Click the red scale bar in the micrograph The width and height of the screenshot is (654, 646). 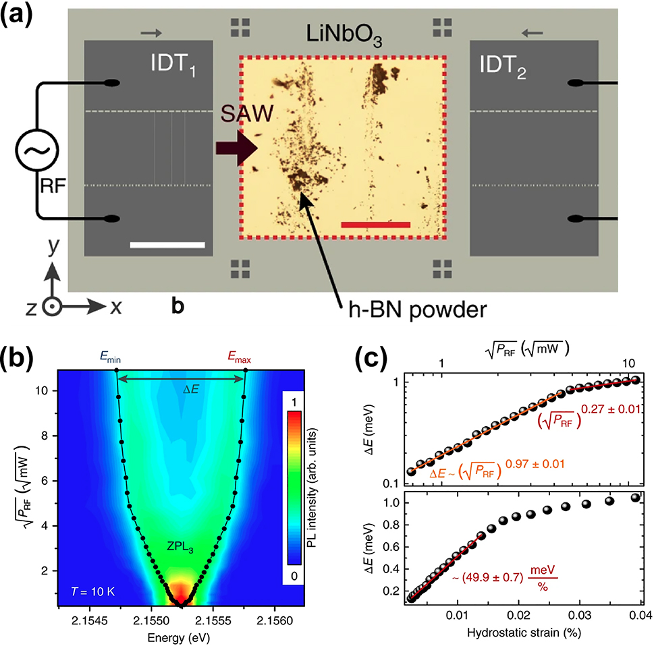(375, 224)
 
